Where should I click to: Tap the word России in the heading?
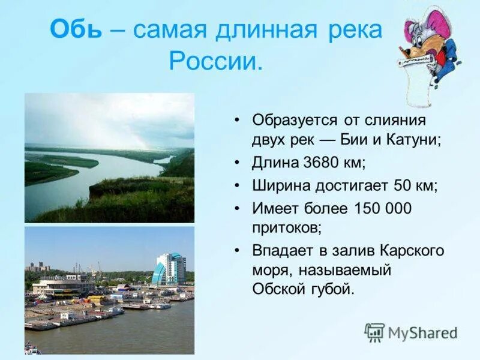click(x=215, y=61)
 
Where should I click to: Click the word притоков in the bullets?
click(x=285, y=228)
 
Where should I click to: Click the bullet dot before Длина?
click(x=238, y=163)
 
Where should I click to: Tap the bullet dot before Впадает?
click(x=238, y=251)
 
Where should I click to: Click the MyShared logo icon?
click(x=374, y=332)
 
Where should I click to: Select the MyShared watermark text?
click(x=422, y=333)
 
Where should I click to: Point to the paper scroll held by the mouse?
click(x=419, y=84)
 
